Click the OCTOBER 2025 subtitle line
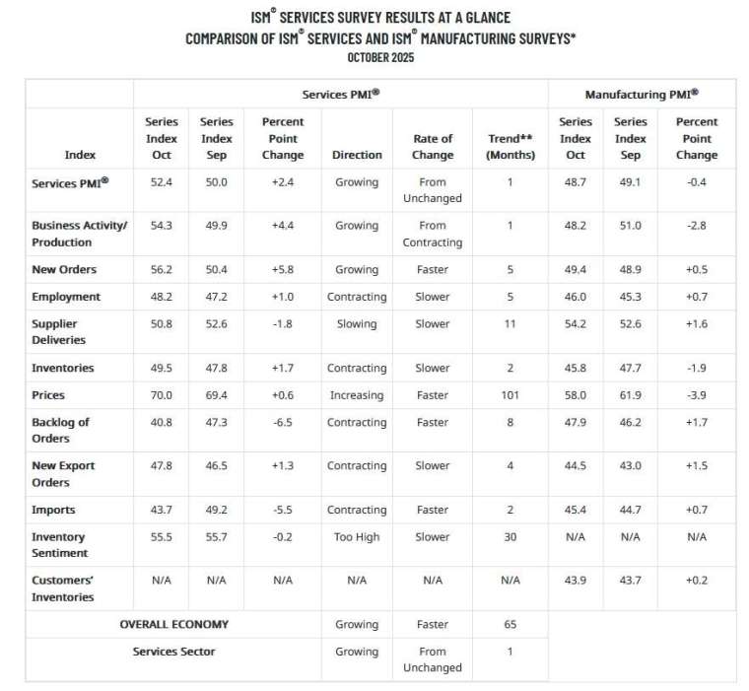(x=380, y=57)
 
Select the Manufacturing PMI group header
(x=642, y=95)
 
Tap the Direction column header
(x=357, y=155)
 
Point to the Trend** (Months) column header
(x=511, y=147)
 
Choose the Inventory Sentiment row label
(x=60, y=545)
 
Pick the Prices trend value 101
(x=511, y=395)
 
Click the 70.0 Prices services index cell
(x=162, y=395)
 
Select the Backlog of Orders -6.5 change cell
(x=283, y=423)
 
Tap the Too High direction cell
(x=357, y=537)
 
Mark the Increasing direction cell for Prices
(x=357, y=395)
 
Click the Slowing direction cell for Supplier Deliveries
(x=357, y=324)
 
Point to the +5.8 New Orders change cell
(x=283, y=269)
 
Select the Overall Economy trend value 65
(x=511, y=624)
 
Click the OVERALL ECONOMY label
(x=173, y=624)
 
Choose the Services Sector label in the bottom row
(x=173, y=652)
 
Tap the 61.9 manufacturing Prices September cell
(x=631, y=395)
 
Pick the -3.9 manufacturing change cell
(x=697, y=395)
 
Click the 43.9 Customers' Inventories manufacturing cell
(x=576, y=581)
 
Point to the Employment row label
(x=66, y=297)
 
